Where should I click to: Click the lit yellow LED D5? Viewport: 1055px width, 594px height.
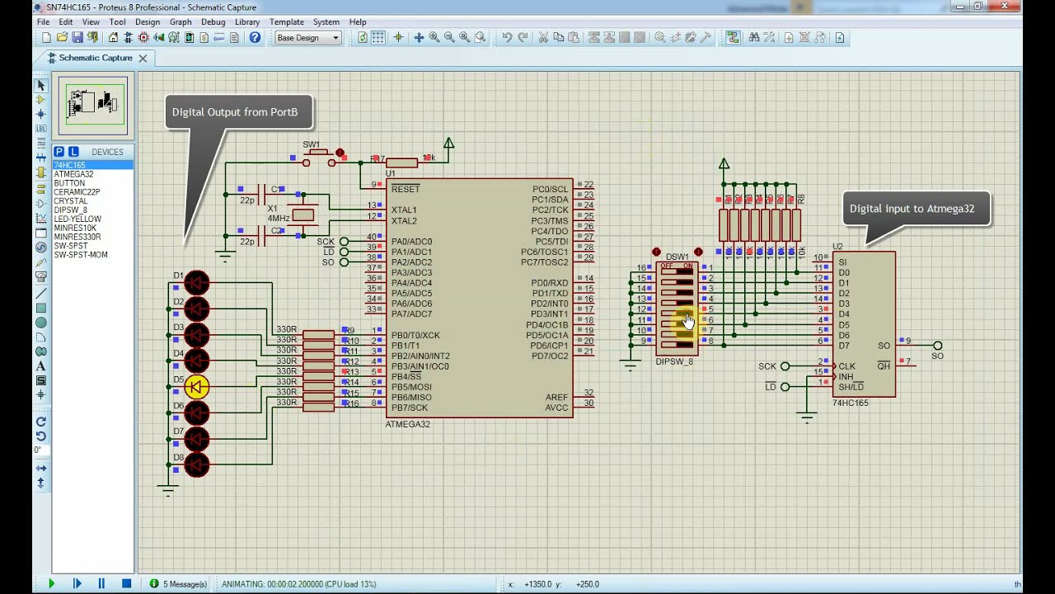point(197,386)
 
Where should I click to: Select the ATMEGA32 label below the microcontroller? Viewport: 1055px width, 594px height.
point(407,424)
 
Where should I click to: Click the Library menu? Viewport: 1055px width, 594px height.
point(246,22)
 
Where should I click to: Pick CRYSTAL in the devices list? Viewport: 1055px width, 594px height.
point(71,201)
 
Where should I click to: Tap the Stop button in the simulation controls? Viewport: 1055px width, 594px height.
point(126,583)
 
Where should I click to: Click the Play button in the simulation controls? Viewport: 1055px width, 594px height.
point(51,583)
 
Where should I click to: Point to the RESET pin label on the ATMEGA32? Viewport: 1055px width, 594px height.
point(406,189)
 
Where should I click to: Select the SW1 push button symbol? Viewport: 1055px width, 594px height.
point(319,159)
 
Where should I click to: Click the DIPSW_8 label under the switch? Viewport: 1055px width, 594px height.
point(674,361)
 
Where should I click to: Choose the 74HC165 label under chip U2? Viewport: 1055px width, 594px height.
point(851,403)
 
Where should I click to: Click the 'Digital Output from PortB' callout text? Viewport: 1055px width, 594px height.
point(235,112)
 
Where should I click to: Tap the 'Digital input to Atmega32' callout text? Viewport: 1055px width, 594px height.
point(912,209)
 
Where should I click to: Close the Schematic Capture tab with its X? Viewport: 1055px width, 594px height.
point(143,59)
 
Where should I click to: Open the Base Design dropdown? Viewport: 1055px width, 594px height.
point(307,38)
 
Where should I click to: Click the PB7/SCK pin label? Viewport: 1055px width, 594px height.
point(410,408)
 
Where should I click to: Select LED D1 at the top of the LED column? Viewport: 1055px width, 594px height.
point(197,283)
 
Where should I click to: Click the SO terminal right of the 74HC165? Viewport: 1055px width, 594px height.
point(937,346)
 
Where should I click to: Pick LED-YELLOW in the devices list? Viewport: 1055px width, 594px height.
point(77,219)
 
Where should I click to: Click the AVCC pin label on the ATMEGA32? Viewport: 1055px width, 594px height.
point(556,408)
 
